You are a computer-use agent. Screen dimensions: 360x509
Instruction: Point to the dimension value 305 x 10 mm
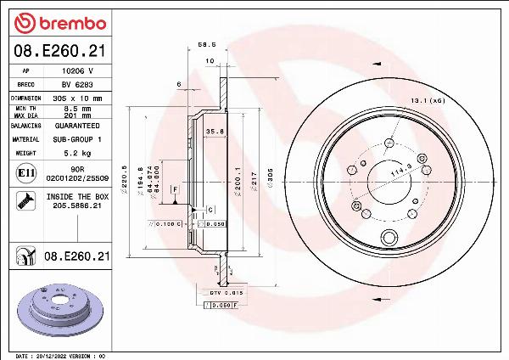coord(77,98)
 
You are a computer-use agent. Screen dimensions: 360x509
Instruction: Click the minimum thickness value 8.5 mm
coord(76,108)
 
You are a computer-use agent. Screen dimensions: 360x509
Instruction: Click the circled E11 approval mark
coord(26,174)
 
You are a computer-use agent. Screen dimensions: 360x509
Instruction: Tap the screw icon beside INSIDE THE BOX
coord(25,200)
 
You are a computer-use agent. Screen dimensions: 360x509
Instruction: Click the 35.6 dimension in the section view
coord(215,132)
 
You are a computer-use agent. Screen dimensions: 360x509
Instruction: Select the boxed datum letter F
coord(174,188)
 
